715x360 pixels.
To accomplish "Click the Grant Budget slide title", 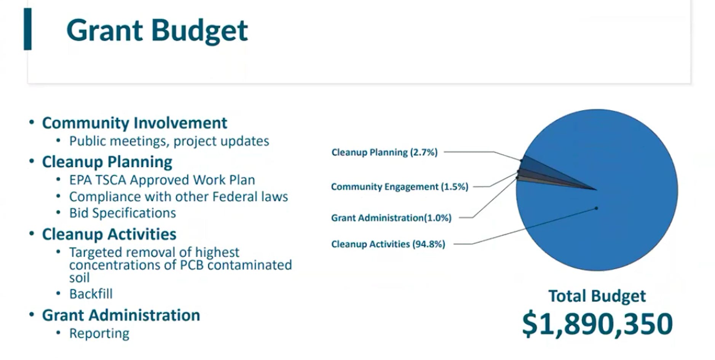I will coord(157,30).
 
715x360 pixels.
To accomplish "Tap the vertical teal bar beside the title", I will coord(27,29).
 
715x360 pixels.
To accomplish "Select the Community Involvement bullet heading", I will coord(134,123).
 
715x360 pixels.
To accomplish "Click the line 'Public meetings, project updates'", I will coord(169,141).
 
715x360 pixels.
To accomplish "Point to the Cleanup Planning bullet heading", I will coord(107,162).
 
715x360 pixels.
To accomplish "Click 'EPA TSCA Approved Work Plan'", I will coord(162,180).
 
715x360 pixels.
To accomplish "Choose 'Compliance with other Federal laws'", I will coord(178,197).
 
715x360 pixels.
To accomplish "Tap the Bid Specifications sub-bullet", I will coord(122,213).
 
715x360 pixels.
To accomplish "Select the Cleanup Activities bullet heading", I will coord(109,234).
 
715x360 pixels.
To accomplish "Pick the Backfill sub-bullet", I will coord(91,294).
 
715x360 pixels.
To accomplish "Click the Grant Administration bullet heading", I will coord(121,315).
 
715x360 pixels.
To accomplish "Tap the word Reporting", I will coord(99,333).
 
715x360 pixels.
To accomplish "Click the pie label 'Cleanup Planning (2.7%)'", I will coord(385,152).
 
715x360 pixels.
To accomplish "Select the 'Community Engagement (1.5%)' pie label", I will coord(399,187).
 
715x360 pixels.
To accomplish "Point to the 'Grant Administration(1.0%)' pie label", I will coord(391,218).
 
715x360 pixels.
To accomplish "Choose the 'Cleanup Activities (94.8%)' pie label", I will coord(388,244).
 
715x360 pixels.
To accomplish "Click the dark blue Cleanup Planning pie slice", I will coord(541,168).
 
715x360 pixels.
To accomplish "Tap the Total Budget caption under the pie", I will coord(597,296).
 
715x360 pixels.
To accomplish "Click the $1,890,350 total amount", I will coord(597,324).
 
